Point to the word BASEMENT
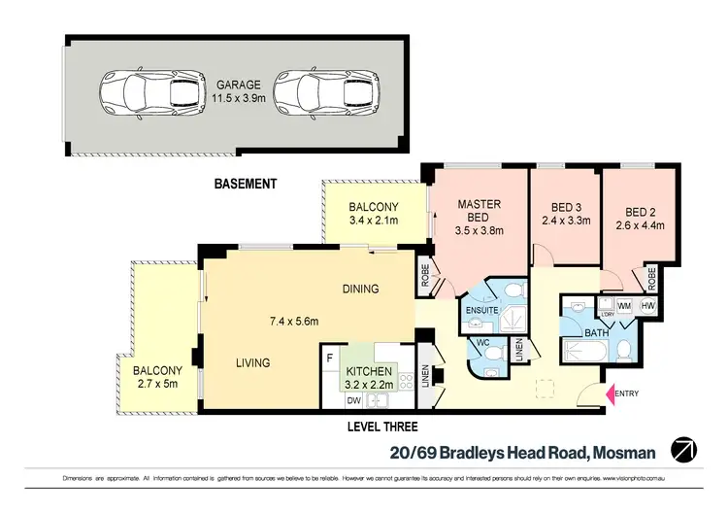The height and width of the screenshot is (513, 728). (x=247, y=184)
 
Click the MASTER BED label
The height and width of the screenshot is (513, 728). (x=479, y=212)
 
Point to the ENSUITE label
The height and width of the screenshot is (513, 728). (x=481, y=311)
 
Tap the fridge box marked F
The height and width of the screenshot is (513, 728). (x=331, y=357)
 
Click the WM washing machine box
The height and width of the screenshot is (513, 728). (x=624, y=306)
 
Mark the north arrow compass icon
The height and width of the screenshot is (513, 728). (x=686, y=450)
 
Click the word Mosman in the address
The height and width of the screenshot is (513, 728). (x=623, y=451)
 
